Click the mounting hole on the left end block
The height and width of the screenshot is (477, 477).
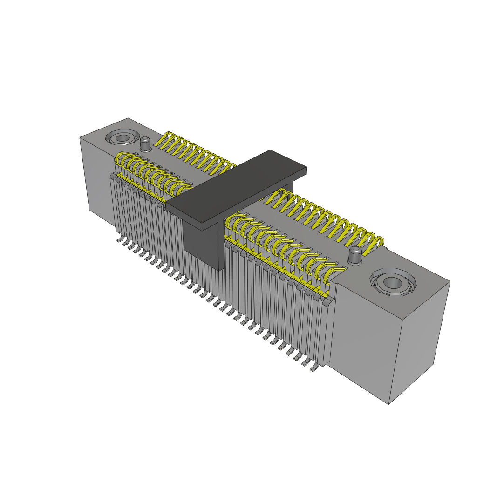[x=123, y=138]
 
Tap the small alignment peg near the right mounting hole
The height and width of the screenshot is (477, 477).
[x=356, y=255]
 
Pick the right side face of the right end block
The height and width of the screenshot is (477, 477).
[x=419, y=340]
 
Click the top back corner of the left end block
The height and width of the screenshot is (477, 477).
[x=129, y=118]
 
